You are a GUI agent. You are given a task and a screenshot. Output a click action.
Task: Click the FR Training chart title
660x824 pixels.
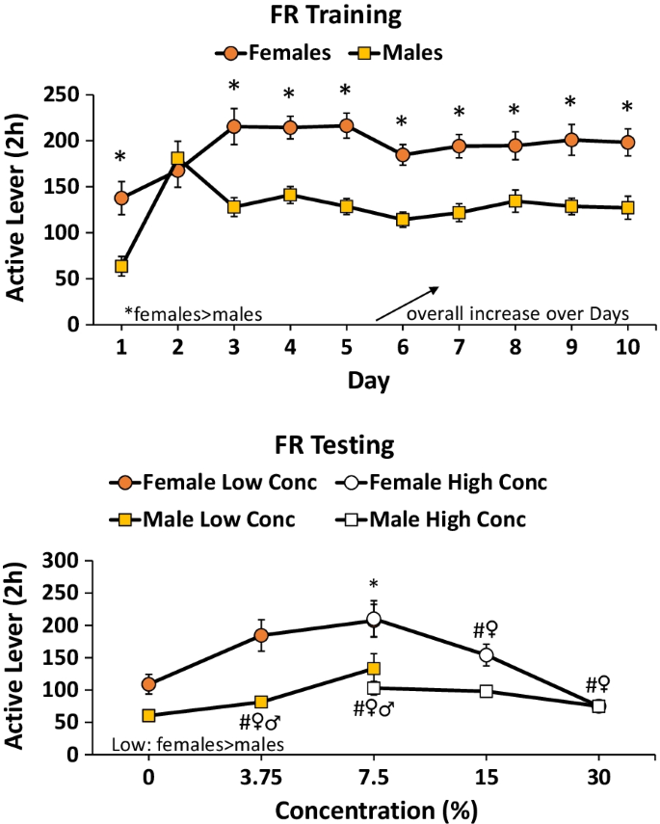click(x=330, y=17)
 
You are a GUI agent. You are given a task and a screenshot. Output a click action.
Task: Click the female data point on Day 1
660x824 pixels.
click(x=121, y=198)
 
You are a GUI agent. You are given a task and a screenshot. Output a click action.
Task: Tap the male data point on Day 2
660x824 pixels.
click(x=177, y=158)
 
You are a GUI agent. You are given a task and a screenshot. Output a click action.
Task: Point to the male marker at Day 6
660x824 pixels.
click(x=403, y=220)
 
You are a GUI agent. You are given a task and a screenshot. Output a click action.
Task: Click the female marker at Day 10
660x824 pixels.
click(x=627, y=143)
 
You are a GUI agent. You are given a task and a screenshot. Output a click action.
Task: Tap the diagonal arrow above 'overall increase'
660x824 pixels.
click(x=407, y=302)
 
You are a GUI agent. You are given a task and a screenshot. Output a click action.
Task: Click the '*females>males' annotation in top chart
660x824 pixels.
click(x=194, y=313)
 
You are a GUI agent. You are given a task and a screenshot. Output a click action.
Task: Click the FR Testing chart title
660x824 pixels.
click(x=330, y=446)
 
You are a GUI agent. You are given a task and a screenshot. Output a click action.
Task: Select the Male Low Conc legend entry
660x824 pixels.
click(x=204, y=519)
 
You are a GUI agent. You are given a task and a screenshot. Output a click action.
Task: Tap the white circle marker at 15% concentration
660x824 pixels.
click(x=487, y=655)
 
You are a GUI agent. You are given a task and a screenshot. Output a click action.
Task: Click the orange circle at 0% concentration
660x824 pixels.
click(x=148, y=684)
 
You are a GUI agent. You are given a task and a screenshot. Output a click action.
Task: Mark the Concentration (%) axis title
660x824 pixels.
click(x=374, y=808)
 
